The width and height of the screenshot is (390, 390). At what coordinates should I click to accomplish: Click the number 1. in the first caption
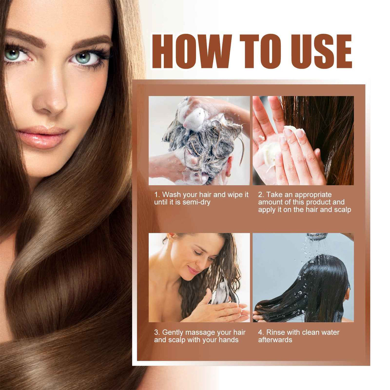[157, 195]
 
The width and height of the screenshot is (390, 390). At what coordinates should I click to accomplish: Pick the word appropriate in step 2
[313, 195]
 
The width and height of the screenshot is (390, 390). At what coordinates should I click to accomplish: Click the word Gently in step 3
[173, 332]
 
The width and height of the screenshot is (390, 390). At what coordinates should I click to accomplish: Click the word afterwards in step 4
[275, 340]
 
